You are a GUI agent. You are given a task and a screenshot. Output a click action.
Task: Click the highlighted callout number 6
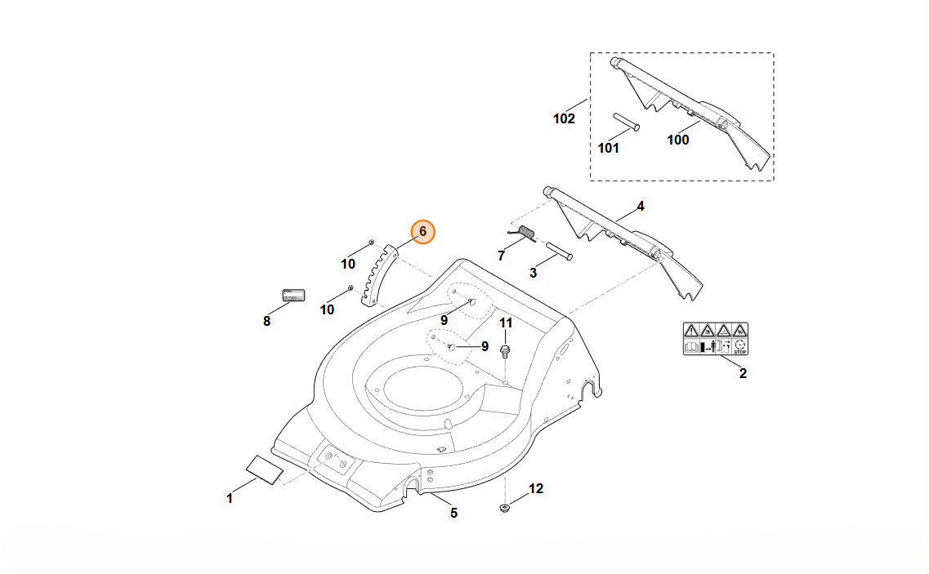coord(422,232)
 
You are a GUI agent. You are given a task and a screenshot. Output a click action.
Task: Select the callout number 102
coord(564,118)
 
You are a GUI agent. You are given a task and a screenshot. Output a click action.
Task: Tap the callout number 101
coord(609,148)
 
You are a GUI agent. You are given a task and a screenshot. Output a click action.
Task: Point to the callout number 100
coord(678,140)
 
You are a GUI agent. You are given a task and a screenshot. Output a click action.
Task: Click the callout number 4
coord(641,207)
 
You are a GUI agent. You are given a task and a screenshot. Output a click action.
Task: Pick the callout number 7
coord(501,256)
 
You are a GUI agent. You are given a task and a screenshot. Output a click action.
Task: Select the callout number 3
coord(533,272)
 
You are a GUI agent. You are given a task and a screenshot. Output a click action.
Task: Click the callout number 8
coord(266,321)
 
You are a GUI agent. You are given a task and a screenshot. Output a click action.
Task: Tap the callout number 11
coord(506,323)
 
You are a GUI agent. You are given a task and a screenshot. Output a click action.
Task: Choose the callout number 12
coord(535,489)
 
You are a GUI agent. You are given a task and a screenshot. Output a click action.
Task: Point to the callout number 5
coord(453,513)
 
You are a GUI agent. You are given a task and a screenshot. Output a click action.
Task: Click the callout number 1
coord(230,498)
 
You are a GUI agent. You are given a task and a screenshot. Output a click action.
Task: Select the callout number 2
coord(743,374)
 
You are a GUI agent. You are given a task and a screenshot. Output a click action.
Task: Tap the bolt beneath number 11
coord(506,352)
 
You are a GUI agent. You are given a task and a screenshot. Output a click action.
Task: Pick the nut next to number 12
coord(506,509)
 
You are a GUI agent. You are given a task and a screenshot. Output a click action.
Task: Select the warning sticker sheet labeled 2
coord(716,339)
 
